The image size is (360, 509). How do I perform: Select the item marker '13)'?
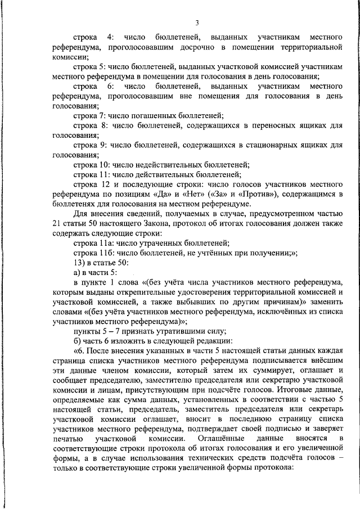coord(79,263)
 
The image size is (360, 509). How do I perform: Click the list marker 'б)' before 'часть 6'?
coord(78,341)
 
